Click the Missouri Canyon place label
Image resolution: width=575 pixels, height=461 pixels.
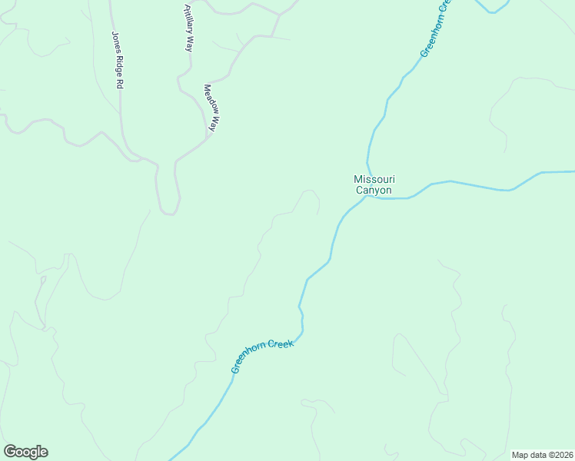373,184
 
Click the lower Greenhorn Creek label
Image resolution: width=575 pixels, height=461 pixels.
263,357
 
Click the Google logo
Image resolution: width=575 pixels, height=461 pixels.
25,452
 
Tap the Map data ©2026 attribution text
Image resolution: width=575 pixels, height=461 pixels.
542,455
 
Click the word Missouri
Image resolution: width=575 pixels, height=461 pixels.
373,179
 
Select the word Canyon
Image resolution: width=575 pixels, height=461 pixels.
373,191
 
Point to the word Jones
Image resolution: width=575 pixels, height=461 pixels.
115,41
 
